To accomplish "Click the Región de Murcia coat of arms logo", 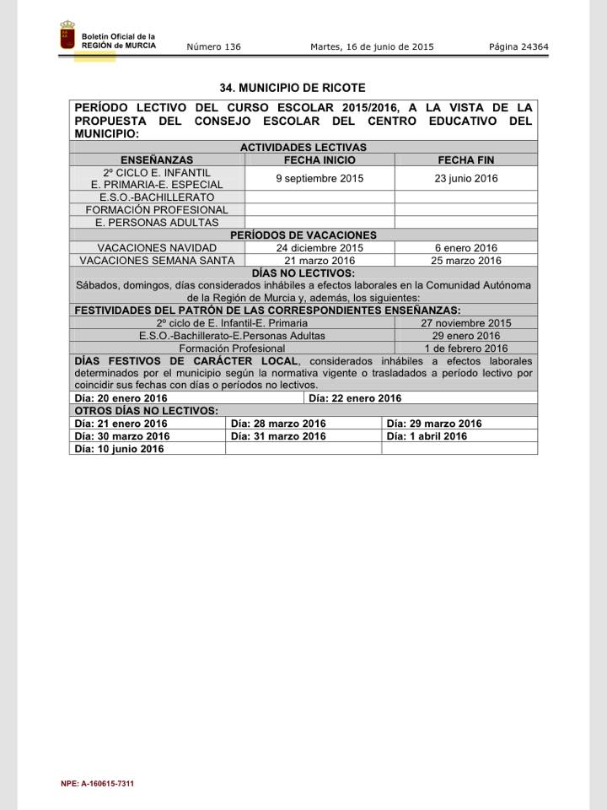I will [67, 37].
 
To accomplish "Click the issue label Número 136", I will [213, 47].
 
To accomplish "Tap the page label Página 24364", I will [518, 47].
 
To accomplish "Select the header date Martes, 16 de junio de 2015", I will [372, 47].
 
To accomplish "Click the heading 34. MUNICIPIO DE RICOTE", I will [293, 88].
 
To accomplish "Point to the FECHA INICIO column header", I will [320, 159].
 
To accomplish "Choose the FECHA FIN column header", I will [465, 159].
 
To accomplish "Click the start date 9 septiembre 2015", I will [320, 178].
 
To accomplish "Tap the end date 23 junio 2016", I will [466, 178].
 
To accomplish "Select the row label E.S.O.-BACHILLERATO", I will [157, 197].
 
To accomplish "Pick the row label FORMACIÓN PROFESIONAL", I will [157, 210].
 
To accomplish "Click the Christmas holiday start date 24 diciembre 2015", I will [320, 248].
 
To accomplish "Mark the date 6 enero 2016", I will [466, 248].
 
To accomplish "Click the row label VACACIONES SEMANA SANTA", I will [157, 261].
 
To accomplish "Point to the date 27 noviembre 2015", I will [466, 323].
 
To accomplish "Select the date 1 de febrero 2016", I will [466, 348].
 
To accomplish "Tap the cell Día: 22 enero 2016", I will [355, 398].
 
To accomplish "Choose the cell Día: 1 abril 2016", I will [427, 436].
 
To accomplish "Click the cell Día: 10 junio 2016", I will [119, 449].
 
